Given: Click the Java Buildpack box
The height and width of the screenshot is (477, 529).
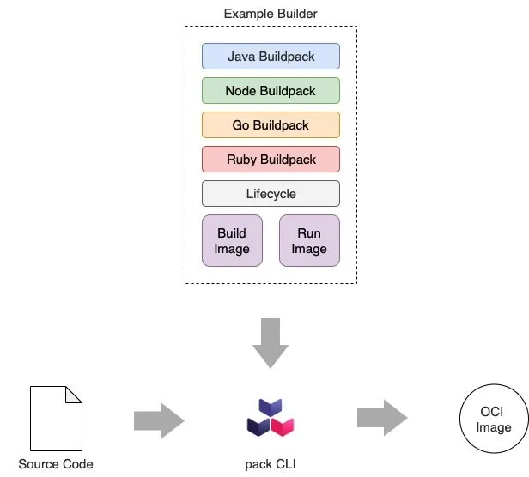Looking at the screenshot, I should [271, 57].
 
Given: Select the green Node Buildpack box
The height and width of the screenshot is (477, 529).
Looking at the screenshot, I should [271, 91].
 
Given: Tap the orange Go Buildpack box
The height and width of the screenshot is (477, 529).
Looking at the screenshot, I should [271, 125].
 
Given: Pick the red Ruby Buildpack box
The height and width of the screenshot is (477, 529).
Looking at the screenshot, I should [271, 160].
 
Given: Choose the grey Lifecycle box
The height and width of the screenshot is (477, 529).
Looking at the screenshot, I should [271, 194].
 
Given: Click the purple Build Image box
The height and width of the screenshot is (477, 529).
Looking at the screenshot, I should [232, 241].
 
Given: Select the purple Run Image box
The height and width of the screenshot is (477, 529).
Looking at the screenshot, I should [309, 241].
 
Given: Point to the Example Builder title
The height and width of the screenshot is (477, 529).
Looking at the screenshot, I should [271, 14].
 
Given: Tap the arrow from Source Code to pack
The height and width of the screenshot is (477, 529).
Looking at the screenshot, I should [159, 420].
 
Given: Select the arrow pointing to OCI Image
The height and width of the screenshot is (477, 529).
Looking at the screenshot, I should [382, 419].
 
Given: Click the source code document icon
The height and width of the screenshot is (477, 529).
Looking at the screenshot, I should [56, 418].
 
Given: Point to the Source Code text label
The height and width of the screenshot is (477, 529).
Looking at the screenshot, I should [56, 464].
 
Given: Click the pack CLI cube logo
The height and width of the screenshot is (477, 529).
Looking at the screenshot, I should [271, 416].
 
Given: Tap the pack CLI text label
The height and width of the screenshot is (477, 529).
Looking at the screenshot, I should [271, 464].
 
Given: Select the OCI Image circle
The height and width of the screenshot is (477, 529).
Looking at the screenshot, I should [494, 420].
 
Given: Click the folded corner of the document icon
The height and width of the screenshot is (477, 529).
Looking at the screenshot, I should [75, 394].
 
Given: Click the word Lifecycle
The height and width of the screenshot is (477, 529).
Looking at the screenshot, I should [271, 194].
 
